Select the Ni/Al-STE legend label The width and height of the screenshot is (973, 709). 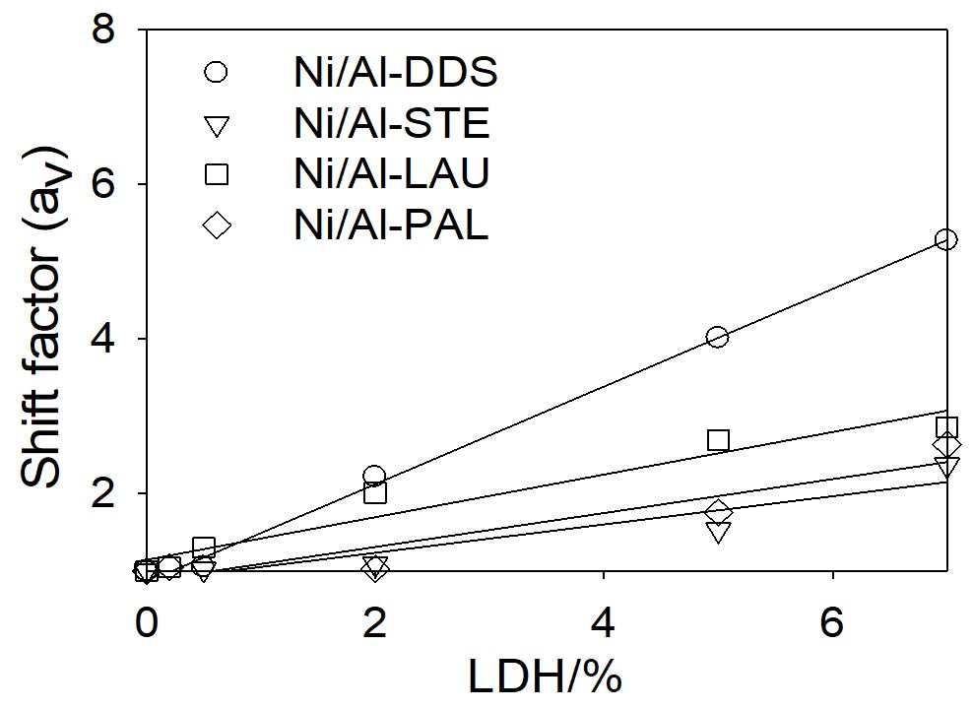click(x=391, y=125)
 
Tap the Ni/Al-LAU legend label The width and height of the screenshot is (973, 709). click(x=392, y=175)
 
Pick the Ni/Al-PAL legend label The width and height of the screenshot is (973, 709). click(x=391, y=226)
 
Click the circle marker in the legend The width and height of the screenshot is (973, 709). click(x=217, y=72)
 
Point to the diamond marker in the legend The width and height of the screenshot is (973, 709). click(x=217, y=226)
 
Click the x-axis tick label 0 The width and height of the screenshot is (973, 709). click(x=146, y=622)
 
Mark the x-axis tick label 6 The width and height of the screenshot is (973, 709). click(x=833, y=622)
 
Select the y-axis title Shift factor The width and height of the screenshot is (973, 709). click(x=45, y=315)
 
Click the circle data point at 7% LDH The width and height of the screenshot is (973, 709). click(x=946, y=239)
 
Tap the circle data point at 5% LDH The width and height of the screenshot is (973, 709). click(x=717, y=337)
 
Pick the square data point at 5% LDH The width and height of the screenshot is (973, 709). click(x=718, y=439)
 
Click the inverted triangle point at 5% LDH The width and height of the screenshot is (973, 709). click(x=718, y=533)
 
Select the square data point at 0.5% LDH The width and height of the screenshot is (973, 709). click(x=203, y=547)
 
